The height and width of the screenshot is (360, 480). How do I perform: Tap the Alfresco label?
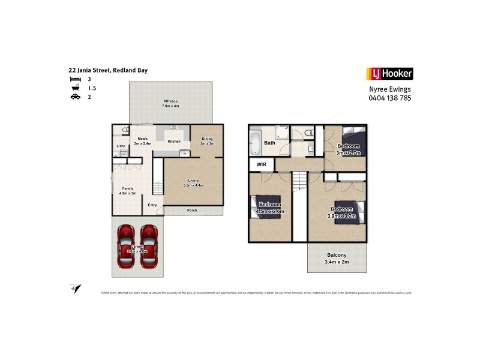170,104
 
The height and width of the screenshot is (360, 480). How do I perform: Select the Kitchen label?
174,142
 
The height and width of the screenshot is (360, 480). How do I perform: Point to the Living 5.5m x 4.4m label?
193,183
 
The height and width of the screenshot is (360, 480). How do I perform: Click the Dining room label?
206,142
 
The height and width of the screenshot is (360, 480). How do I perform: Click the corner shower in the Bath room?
283,133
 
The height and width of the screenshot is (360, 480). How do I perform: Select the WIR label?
261,164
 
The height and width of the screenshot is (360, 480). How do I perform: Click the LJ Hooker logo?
389,74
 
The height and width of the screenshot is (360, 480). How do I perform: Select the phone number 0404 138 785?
390,98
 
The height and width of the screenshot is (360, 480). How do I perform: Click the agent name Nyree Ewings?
390,89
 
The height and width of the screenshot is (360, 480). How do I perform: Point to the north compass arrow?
75,289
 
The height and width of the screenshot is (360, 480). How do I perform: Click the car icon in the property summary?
75,97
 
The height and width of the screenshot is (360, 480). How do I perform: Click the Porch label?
192,210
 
